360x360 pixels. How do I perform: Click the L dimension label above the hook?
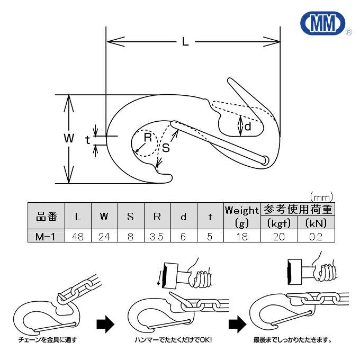point(185,42)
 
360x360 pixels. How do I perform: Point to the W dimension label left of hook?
point(68,139)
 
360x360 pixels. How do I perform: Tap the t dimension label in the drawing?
point(87,139)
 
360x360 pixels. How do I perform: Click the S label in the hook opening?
point(166,149)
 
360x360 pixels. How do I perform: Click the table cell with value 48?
point(78,237)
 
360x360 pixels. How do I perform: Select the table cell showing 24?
point(104,237)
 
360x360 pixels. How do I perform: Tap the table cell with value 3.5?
point(157,237)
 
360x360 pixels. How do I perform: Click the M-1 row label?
point(46,237)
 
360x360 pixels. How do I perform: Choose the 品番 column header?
point(46,217)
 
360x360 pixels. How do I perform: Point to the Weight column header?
point(241,211)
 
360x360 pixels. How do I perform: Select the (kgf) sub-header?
point(279,223)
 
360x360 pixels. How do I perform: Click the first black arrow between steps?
point(105,324)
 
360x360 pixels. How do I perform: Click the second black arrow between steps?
point(236,323)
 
